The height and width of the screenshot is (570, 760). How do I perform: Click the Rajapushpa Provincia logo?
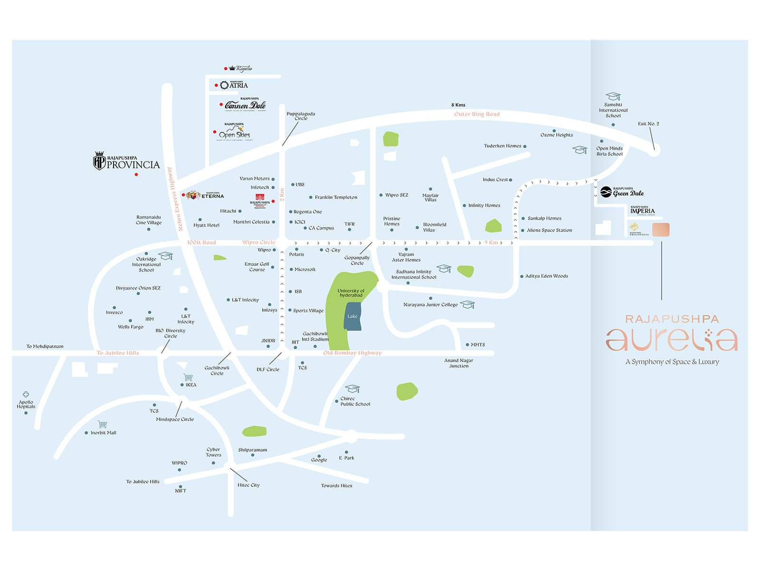(x=126, y=161)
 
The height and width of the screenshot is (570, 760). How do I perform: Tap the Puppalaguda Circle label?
(x=301, y=116)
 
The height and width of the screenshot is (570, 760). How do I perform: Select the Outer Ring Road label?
(x=476, y=114)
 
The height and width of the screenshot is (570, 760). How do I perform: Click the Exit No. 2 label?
(x=648, y=123)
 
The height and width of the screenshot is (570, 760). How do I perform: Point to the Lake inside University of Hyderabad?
(x=352, y=316)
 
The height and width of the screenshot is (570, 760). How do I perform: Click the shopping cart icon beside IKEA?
(x=188, y=377)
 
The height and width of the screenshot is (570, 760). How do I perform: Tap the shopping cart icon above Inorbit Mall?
(x=102, y=424)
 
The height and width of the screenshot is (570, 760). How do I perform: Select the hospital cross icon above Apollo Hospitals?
(x=26, y=394)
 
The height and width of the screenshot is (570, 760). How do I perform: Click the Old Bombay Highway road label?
(x=352, y=353)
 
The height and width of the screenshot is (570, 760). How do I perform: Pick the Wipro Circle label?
(x=258, y=242)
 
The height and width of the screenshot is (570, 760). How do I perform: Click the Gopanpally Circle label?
(x=357, y=260)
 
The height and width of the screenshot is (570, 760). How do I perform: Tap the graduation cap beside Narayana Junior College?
(x=467, y=304)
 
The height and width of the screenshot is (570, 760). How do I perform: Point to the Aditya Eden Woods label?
(x=546, y=276)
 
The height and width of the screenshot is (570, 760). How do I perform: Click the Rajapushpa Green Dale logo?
(x=622, y=192)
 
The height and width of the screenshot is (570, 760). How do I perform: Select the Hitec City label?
(x=248, y=485)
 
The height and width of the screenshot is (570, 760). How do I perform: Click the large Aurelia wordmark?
(x=672, y=339)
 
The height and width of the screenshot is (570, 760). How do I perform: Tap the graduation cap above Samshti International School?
(x=613, y=96)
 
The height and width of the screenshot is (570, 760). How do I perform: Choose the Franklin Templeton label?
(x=336, y=197)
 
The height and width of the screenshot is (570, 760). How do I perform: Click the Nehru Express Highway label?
(x=174, y=199)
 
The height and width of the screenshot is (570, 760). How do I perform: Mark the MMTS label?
(x=477, y=345)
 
